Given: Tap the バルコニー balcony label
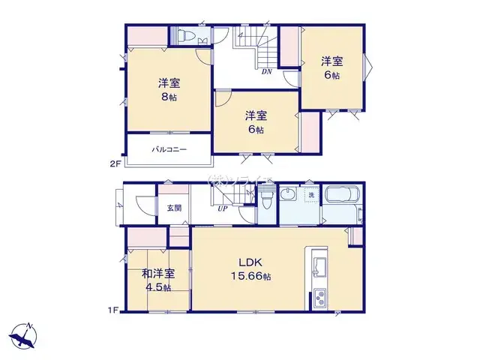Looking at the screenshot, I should tap(169, 150).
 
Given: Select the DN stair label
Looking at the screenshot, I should tap(266, 73).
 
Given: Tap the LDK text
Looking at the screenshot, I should tap(250, 262).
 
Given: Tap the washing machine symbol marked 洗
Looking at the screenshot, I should tap(310, 196).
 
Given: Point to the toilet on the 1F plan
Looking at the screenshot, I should tap(268, 200).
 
